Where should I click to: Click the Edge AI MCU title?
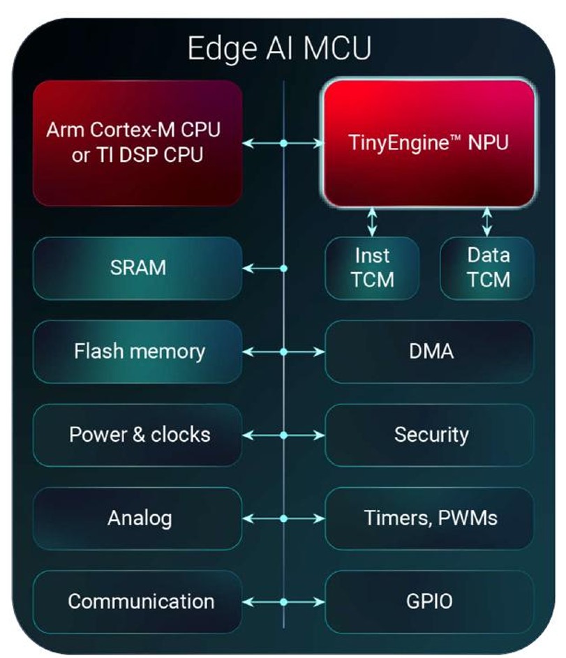coord(279,49)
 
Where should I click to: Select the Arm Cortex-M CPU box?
coord(137,142)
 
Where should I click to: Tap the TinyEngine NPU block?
coord(429,143)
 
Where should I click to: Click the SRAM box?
coord(137,268)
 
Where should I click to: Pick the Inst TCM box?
coord(372,268)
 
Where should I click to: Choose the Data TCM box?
coord(488,268)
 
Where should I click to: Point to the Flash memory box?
coord(137,351)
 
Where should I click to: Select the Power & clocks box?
coord(137,435)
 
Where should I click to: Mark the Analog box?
coord(137,518)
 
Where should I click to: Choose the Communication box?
coord(137,601)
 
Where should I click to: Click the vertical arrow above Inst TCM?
coord(372,222)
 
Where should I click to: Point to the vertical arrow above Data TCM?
coord(487,222)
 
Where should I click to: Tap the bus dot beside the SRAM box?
coord(284,268)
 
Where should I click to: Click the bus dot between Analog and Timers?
coord(284,518)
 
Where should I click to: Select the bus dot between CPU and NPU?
coord(284,144)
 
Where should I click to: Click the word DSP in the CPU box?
coord(131,154)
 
